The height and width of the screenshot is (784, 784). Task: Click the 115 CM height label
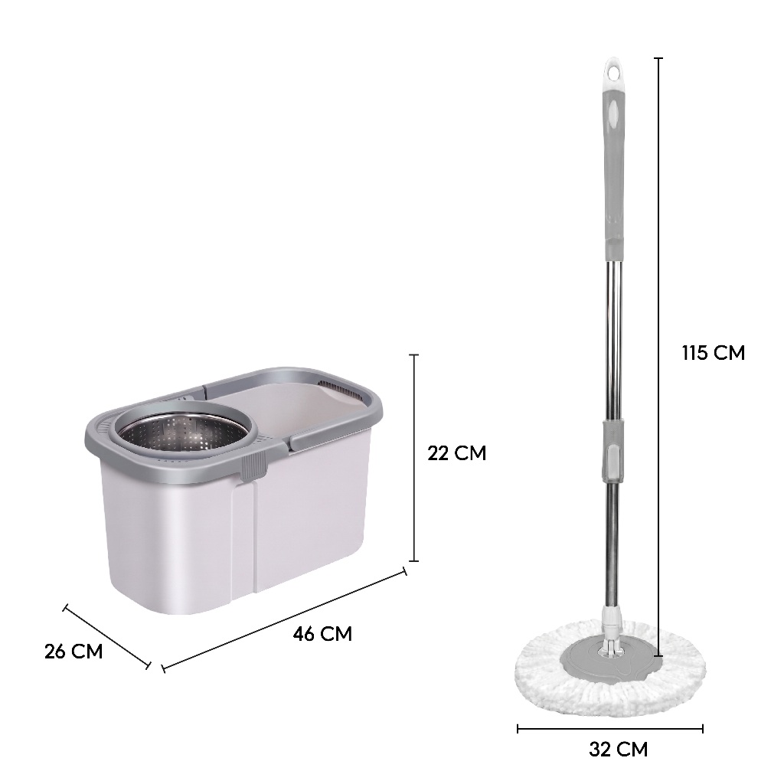[713, 353]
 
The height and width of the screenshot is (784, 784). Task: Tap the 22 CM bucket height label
[456, 453]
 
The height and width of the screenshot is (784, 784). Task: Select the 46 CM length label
[322, 634]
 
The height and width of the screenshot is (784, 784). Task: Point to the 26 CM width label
[73, 652]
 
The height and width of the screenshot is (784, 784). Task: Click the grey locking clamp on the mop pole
[613, 451]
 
